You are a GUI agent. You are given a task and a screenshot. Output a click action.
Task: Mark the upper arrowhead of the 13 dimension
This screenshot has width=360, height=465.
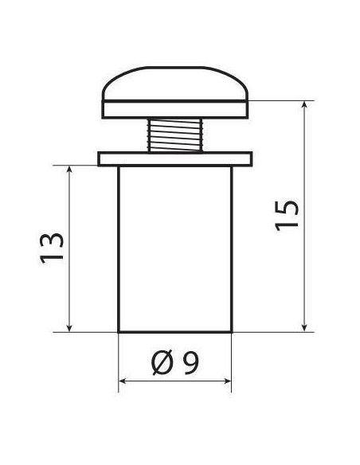coord(71,170)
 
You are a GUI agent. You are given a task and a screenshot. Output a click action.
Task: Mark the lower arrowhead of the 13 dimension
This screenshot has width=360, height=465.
coord(71,326)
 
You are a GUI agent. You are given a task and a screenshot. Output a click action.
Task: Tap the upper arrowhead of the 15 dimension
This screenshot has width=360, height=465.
coord(305,105)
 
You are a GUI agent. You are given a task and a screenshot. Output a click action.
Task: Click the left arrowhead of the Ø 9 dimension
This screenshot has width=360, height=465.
coord(123,382)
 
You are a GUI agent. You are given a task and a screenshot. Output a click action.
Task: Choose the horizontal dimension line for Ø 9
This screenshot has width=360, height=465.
coord(175,382)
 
